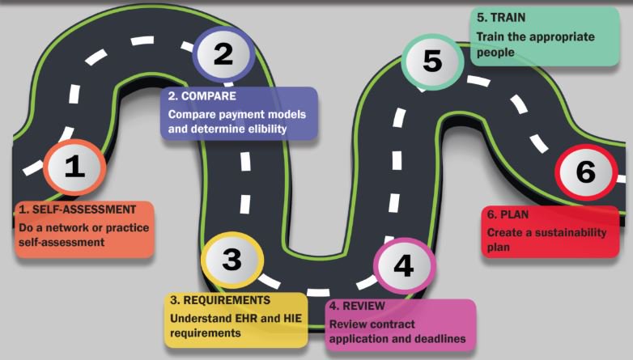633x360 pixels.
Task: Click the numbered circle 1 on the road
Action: tap(74, 167)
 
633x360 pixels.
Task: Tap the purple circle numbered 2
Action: tap(223, 54)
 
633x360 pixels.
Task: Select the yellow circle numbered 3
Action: tap(232, 259)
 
